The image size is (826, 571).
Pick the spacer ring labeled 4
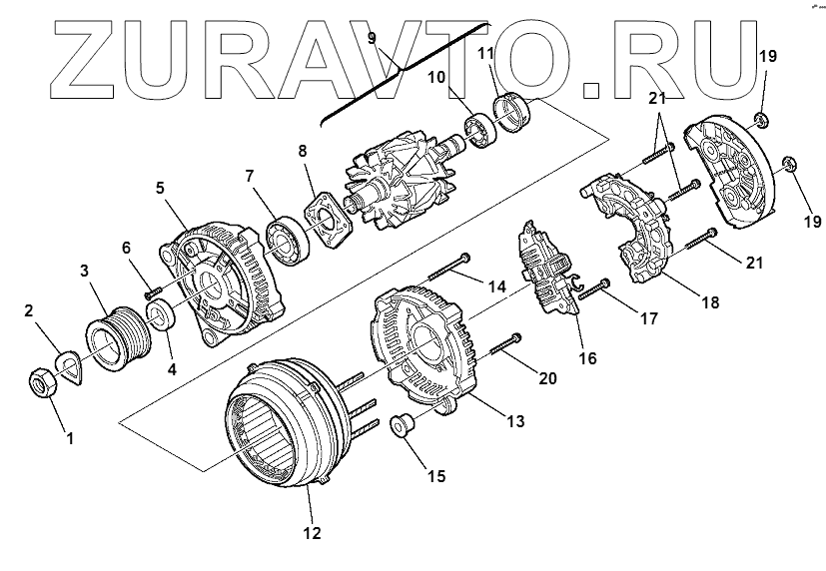(160, 319)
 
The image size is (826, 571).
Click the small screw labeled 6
(149, 293)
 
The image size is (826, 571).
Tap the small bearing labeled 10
(480, 133)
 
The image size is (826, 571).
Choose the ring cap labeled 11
(515, 110)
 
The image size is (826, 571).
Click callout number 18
(708, 302)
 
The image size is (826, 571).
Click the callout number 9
(371, 39)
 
